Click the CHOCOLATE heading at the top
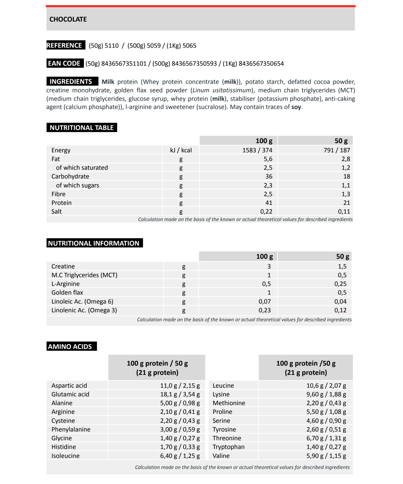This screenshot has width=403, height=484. pyautogui.click(x=68, y=19)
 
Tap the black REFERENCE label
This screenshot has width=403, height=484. pyautogui.click(x=66, y=46)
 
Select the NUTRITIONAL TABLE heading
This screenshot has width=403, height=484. pyautogui.click(x=81, y=128)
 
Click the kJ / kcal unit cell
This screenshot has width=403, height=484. pyautogui.click(x=181, y=150)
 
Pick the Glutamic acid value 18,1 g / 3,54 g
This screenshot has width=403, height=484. pyautogui.click(x=179, y=395)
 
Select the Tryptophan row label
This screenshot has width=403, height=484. pyautogui.click(x=228, y=447)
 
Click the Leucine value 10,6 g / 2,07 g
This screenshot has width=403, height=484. pyautogui.click(x=326, y=386)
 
